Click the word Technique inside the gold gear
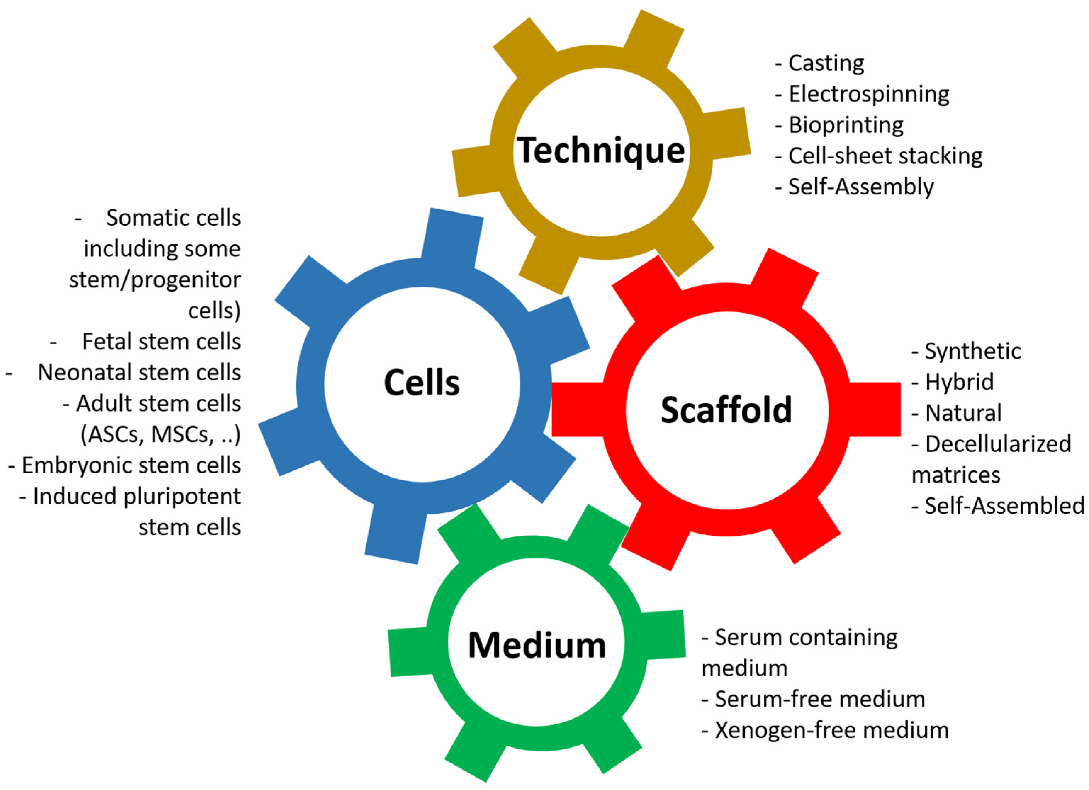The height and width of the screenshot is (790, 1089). pos(601,150)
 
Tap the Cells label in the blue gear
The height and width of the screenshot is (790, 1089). pos(422,383)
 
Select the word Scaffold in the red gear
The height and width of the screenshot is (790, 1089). pos(726,410)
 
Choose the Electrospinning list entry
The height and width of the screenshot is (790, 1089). pos(868,94)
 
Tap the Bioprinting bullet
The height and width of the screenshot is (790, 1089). pos(846,125)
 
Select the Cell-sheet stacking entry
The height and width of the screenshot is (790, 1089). pos(885,156)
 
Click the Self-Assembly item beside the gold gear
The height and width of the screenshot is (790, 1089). pos(860,187)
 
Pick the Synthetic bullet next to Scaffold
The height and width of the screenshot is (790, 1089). pos(972,351)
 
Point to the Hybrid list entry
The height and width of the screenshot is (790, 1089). pos(959,382)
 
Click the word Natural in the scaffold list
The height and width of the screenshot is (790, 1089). pos(963,413)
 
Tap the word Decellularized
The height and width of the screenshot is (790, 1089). pos(998,444)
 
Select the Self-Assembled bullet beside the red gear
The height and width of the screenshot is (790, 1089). pos(1004,506)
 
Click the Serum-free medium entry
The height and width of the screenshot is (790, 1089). pos(819,699)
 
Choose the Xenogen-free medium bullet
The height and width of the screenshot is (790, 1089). pos(831,730)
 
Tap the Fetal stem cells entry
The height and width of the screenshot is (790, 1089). pos(161,342)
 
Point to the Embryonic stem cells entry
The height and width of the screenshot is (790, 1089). pos(131,465)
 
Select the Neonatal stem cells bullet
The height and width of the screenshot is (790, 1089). pos(139,372)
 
